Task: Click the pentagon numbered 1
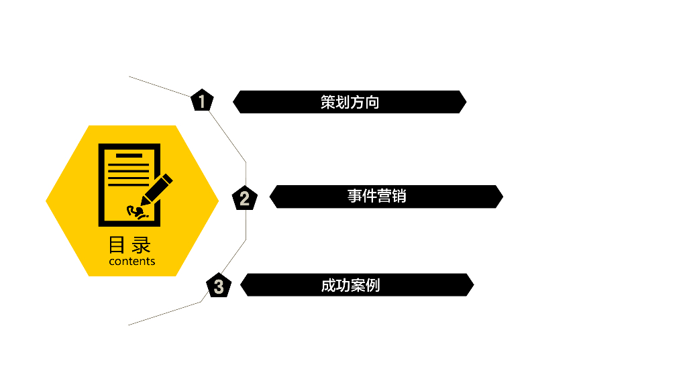coord(202,101)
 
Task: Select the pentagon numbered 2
coord(244,198)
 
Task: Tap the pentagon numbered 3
coord(219,286)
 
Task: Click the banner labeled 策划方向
coord(349,102)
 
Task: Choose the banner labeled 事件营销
coord(386,197)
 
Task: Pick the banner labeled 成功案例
coord(356,285)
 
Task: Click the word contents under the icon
coord(132,262)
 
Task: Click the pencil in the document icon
coord(156,189)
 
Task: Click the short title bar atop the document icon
coord(129,156)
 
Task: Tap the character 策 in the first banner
coord(327,103)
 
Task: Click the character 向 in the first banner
coord(372,103)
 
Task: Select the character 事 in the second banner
coord(354,197)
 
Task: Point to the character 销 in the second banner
coord(399,197)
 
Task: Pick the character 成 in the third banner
coord(327,285)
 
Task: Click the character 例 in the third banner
coord(372,285)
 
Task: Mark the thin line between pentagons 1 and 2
coord(228,137)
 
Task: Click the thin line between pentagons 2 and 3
coord(234,256)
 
